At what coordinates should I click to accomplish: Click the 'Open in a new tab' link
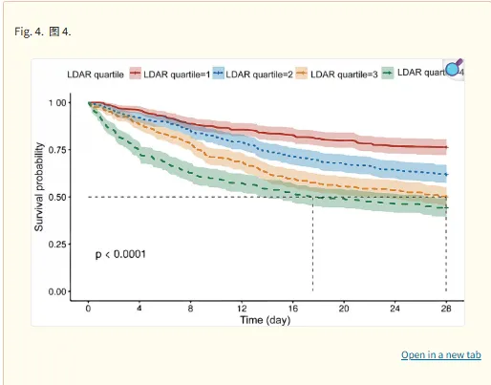[x=441, y=354]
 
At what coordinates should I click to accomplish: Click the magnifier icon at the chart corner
[x=454, y=69]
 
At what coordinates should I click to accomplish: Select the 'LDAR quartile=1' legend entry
[x=170, y=74]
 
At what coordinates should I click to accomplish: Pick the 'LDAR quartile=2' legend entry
[x=253, y=74]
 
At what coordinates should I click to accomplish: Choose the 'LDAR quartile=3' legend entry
[x=337, y=74]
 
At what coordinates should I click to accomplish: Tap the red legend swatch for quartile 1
[x=135, y=74]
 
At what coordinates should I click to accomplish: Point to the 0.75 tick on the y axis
[x=57, y=150]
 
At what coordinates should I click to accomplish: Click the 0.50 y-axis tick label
[x=57, y=198]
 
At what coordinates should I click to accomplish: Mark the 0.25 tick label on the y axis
[x=57, y=245]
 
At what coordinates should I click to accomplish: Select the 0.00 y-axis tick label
[x=57, y=291]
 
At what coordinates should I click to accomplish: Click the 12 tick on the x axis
[x=242, y=309]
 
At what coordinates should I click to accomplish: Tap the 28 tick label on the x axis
[x=446, y=309]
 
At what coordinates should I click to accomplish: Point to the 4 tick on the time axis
[x=139, y=309]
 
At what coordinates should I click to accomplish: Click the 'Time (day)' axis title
[x=266, y=320]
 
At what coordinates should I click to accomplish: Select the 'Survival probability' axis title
[x=39, y=187]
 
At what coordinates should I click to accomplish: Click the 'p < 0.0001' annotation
[x=120, y=254]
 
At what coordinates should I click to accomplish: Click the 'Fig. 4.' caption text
[x=29, y=32]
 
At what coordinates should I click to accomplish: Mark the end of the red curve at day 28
[x=446, y=147]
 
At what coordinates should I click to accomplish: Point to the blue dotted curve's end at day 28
[x=446, y=175]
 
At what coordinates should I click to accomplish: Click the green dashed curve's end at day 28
[x=446, y=208]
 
